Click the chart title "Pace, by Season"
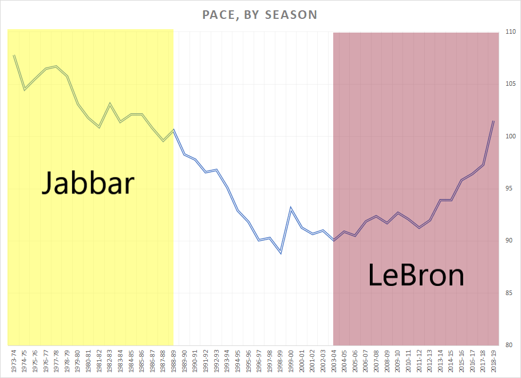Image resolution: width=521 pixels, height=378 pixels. [x=260, y=14]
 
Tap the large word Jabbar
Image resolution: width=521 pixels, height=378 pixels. [x=88, y=183]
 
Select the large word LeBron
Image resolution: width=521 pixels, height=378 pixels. [x=416, y=276]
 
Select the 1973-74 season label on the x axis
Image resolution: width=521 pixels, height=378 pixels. [x=14, y=360]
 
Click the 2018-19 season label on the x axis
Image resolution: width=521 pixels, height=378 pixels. [x=494, y=360]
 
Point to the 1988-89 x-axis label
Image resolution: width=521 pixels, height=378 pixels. [x=173, y=360]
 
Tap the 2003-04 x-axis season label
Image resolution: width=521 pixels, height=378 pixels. [x=334, y=360]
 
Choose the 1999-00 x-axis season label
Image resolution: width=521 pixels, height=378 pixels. [x=291, y=360]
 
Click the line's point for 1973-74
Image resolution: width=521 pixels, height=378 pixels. [x=14, y=55]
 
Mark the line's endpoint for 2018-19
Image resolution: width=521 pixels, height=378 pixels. [x=494, y=121]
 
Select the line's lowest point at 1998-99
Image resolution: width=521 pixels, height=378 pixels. [x=281, y=253]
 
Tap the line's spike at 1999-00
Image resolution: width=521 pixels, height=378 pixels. [x=291, y=208]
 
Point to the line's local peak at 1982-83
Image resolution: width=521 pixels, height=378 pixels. [x=110, y=104]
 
